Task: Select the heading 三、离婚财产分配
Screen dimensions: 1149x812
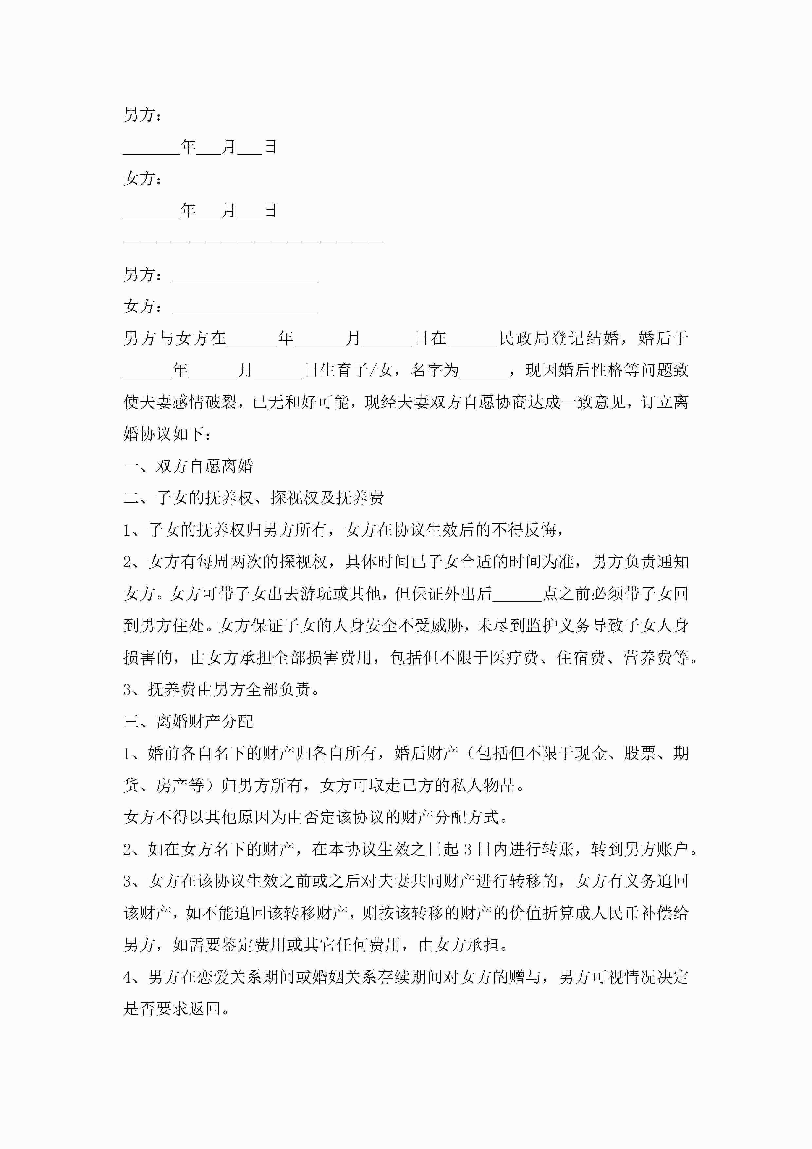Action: tap(188, 721)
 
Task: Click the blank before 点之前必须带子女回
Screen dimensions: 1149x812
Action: tap(517, 594)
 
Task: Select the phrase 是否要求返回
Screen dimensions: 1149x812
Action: tap(172, 1009)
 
